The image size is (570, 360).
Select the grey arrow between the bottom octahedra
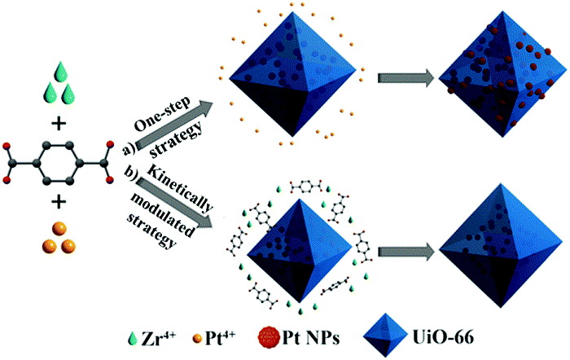click(x=401, y=245)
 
